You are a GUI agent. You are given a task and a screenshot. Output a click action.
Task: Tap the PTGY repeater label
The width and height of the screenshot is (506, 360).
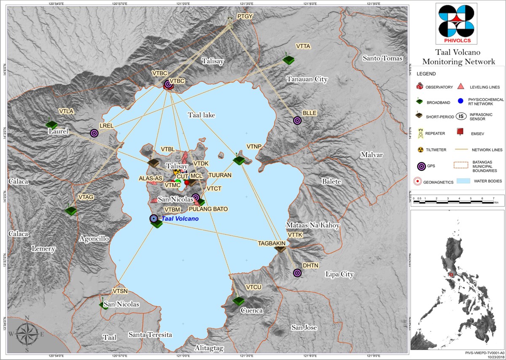pos(245,16)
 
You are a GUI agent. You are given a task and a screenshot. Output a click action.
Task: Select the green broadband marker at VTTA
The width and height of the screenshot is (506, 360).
pos(288,60)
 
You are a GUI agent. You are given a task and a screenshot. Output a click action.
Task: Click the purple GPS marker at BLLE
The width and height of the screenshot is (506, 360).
pos(297,120)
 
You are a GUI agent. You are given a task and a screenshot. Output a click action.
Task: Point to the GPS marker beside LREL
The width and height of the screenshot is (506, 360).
pos(94,133)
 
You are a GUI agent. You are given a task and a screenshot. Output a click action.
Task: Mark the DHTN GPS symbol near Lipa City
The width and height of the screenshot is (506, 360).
pos(297,273)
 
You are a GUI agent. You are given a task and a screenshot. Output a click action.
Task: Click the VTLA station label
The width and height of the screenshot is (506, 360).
pos(66,111)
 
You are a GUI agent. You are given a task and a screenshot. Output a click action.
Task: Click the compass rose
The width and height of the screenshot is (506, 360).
pos(27,333)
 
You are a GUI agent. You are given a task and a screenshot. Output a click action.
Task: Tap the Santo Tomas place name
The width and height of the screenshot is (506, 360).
pos(383,58)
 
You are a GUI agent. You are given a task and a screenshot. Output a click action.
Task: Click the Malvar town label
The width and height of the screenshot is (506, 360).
pos(371,155)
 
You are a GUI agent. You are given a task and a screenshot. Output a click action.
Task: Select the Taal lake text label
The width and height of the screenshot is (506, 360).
pos(201,114)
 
